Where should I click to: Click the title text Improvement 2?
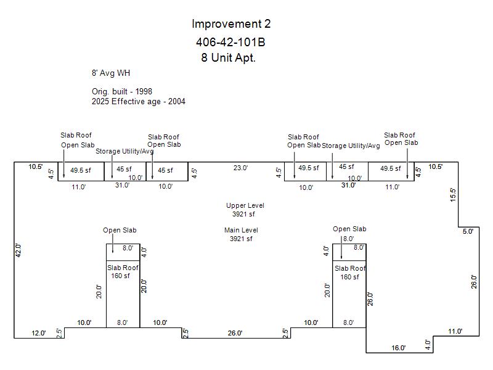231,24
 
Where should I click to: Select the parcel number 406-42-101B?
230,42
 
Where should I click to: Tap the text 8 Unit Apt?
228,57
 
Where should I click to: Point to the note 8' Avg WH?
111,73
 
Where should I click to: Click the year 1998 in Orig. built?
144,91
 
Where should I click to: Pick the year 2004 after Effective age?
177,101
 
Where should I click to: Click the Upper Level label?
245,205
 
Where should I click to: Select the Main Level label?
241,230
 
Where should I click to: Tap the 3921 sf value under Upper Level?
243,214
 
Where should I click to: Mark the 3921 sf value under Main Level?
241,239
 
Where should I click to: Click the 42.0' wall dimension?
18,250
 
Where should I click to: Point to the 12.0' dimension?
39,333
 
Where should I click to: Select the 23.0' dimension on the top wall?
240,168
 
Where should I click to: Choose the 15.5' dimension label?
453,195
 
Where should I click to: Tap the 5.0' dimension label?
468,231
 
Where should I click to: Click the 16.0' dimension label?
398,348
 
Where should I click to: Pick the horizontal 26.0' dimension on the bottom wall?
235,333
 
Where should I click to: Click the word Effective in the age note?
128,101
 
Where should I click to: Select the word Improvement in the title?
226,24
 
